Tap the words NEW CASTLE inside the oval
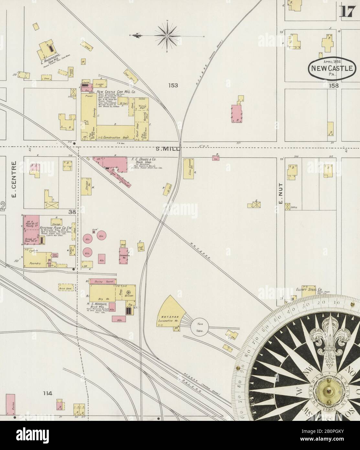[x=333, y=68]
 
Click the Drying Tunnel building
[x=103, y=282]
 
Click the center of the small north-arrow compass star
[x=167, y=35]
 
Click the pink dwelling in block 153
[x=237, y=113]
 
